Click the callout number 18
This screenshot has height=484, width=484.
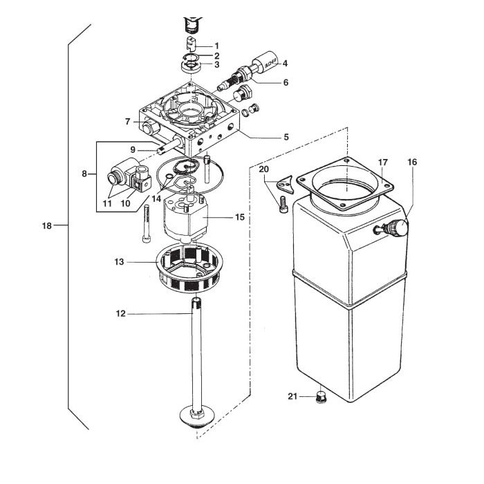click(47, 225)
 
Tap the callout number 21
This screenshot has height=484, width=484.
click(292, 396)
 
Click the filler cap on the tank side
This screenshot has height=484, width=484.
click(398, 226)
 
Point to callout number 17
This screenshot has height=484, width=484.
click(382, 162)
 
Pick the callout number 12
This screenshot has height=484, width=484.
click(121, 313)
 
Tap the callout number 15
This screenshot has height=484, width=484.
click(240, 217)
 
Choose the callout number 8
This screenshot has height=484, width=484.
click(84, 174)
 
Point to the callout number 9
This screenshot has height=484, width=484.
click(132, 149)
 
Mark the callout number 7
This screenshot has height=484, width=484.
click(127, 122)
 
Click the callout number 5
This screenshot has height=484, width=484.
click(286, 137)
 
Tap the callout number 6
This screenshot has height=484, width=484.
click(285, 82)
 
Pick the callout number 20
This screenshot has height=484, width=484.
click(263, 169)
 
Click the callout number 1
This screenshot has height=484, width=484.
click(216, 46)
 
